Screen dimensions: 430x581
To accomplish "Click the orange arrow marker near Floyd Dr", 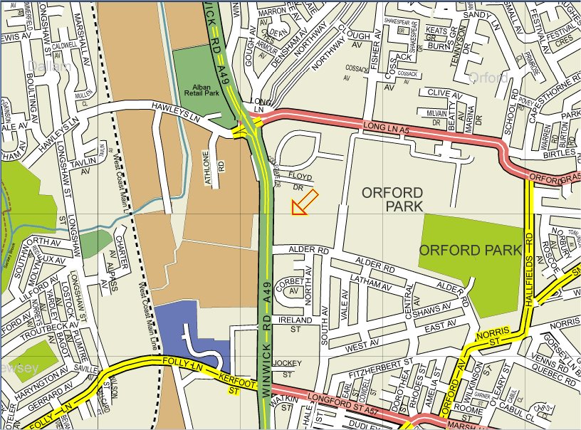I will tap(304, 202).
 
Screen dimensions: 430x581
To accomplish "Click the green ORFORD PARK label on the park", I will tap(470, 250).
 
